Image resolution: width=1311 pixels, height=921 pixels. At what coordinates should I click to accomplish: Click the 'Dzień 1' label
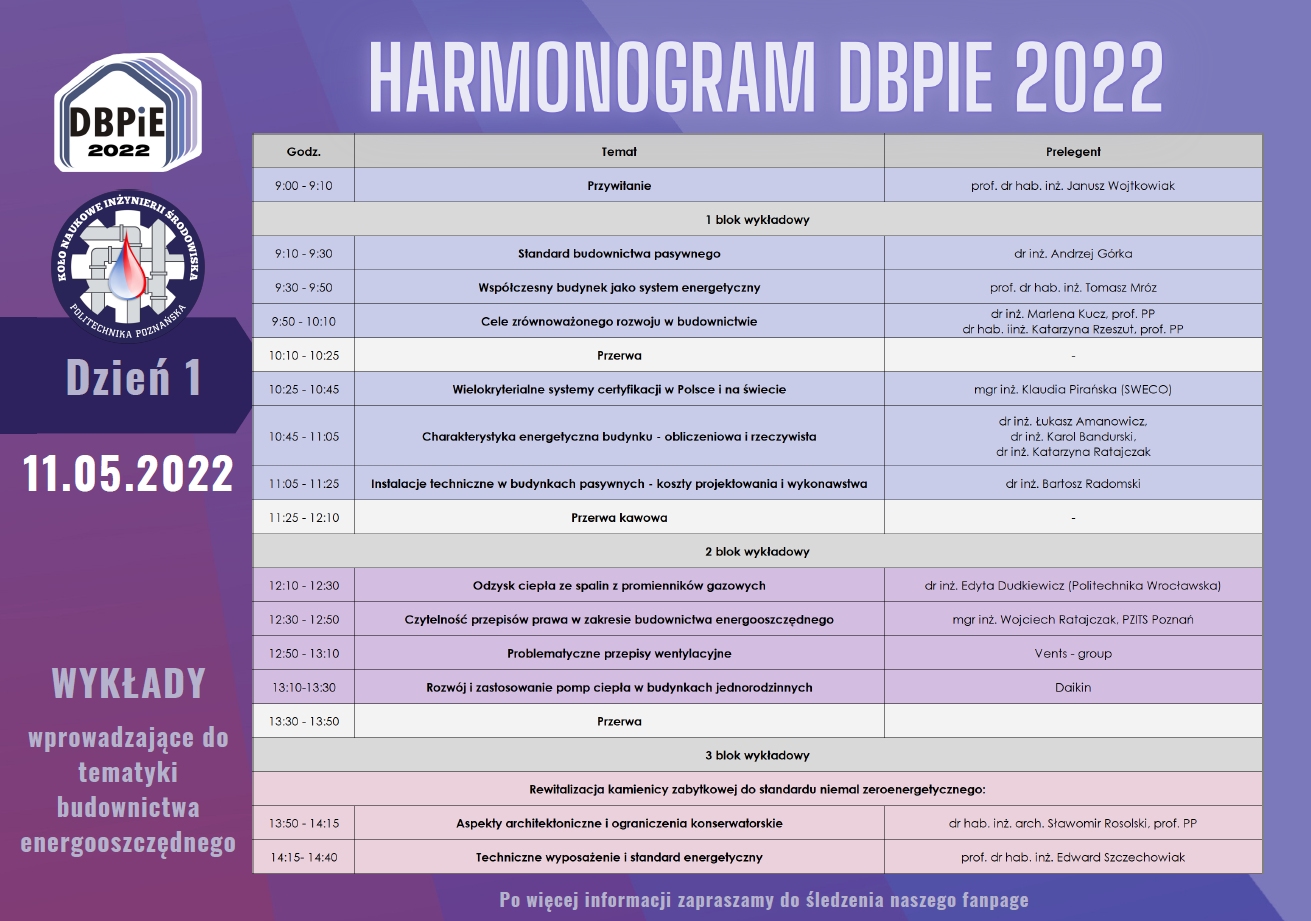(x=134, y=377)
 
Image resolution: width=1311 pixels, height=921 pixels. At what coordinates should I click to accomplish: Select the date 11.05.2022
(x=129, y=473)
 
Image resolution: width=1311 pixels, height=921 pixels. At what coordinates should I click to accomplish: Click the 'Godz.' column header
(x=303, y=152)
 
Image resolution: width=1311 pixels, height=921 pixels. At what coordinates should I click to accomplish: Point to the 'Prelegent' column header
(x=1072, y=152)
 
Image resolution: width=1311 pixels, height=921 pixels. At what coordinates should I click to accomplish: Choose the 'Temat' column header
(x=619, y=152)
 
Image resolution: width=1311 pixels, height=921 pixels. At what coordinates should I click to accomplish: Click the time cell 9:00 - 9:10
(x=303, y=186)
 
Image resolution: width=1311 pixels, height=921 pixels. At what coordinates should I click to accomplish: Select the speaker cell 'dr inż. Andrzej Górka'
(x=1072, y=254)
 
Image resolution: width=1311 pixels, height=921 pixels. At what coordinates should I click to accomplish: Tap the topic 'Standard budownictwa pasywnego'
(x=619, y=254)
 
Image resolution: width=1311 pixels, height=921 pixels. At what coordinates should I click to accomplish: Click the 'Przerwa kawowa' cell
(x=619, y=518)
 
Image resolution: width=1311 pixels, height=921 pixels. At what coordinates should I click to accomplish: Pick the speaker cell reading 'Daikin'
(x=1072, y=688)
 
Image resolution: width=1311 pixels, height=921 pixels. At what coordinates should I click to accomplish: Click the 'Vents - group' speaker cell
(x=1072, y=654)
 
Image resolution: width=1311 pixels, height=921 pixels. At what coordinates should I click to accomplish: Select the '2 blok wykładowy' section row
(x=757, y=552)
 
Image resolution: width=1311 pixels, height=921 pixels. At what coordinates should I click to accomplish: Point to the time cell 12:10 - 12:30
(x=303, y=586)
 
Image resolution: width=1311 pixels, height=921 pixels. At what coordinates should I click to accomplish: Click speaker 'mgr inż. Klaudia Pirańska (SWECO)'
(x=1072, y=390)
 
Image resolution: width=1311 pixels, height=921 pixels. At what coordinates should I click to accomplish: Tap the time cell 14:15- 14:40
(x=303, y=858)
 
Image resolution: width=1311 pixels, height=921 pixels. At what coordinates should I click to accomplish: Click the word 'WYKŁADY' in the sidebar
(x=129, y=683)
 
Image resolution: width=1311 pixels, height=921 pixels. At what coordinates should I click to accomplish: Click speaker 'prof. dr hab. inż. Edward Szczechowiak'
(x=1072, y=858)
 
